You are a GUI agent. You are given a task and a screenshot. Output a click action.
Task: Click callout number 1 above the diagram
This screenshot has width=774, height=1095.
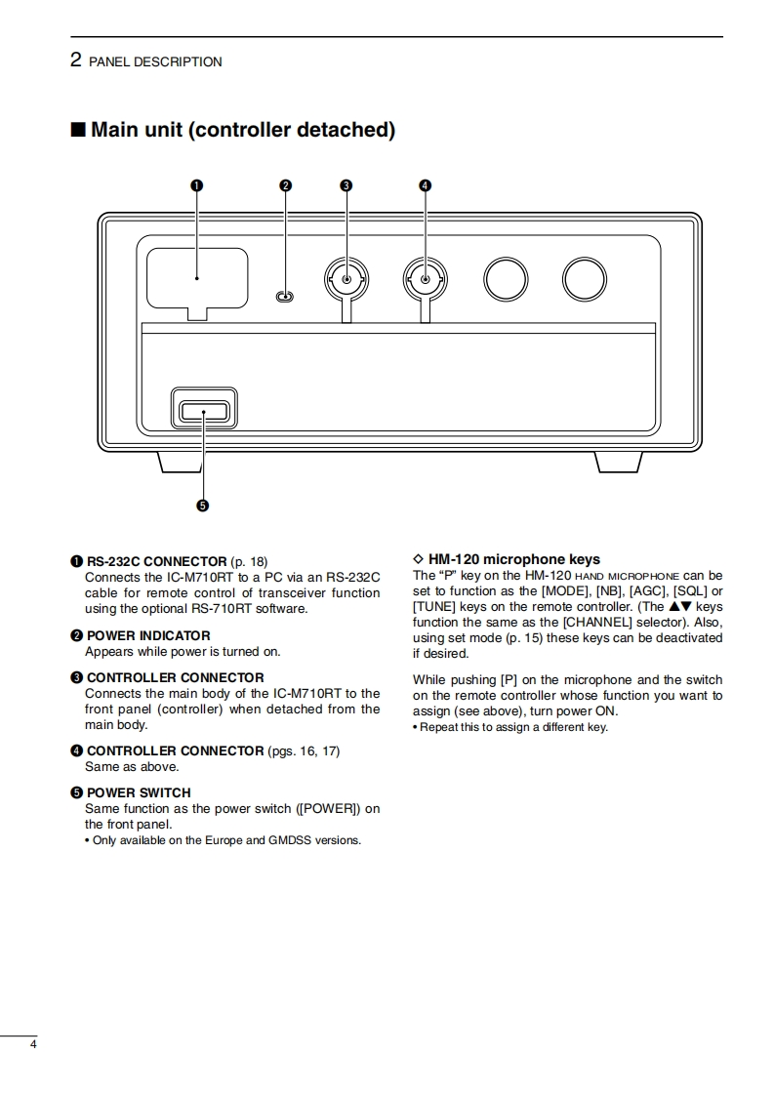196,185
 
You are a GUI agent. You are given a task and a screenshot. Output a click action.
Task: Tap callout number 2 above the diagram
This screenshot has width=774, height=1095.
285,185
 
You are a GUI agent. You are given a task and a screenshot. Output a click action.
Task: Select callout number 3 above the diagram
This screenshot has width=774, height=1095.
346,185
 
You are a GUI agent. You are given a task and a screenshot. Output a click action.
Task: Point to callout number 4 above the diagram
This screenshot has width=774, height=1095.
425,185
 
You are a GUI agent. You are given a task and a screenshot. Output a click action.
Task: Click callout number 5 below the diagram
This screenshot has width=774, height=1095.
203,506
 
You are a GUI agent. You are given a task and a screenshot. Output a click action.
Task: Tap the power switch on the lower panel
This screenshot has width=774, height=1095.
204,410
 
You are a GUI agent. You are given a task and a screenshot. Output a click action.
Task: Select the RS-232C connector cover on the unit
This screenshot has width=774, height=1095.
196,280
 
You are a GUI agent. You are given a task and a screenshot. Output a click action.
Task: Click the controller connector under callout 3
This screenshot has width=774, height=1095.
346,280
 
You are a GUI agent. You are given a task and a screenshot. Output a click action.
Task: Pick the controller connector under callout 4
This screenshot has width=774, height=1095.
425,280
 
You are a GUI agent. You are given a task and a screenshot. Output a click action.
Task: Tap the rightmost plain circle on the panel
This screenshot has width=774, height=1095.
584,279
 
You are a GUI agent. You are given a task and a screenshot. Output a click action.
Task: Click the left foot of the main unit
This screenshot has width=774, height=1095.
181,463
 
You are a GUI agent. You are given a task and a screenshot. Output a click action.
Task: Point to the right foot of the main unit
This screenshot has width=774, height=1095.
619,463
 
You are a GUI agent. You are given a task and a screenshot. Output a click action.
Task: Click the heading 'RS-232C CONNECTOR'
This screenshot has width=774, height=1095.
156,561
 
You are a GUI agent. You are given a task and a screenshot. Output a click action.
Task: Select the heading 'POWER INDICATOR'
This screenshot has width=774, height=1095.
148,635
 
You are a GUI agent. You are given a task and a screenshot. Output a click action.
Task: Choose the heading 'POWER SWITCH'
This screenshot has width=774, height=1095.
139,792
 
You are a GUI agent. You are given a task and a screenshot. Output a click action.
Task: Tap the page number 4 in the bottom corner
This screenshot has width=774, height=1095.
33,1045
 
